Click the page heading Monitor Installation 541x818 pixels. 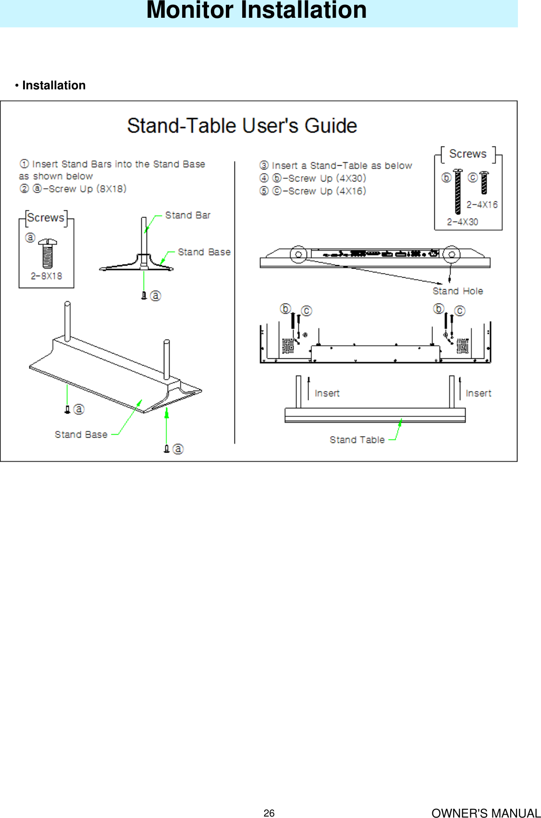(256, 11)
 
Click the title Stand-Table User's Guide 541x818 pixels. (242, 126)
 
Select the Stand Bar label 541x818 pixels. (187, 215)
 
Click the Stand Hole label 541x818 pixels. (457, 291)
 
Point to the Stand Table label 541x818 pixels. (357, 440)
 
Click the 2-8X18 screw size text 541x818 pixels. (46, 276)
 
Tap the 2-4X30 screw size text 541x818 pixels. (462, 222)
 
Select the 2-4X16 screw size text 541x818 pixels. (482, 205)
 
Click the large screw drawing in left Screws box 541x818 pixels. (47, 253)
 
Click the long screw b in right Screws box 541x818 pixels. (458, 191)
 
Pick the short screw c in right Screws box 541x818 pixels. (484, 183)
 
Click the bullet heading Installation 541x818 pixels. (53, 85)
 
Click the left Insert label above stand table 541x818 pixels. (327, 393)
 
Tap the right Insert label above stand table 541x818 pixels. (478, 393)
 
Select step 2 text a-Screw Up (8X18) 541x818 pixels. (79, 189)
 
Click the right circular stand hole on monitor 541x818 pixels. (451, 254)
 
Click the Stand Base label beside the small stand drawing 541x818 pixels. (204, 252)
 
